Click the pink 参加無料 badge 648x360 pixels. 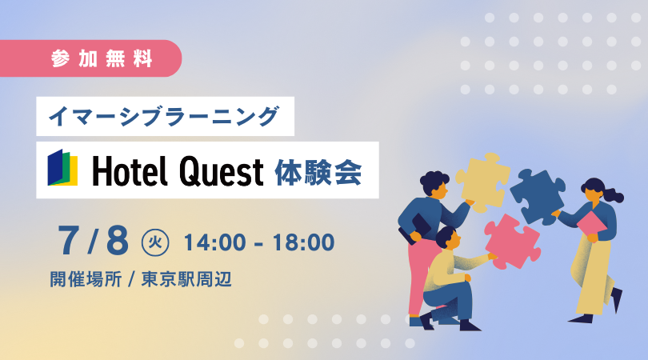pos(90,58)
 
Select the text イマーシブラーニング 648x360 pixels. pos(164,116)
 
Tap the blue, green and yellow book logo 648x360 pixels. pos(62,167)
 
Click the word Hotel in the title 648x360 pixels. pos(130,170)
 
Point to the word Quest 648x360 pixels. pos(221,171)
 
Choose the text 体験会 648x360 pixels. pos(318,171)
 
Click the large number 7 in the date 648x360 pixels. pos(69,241)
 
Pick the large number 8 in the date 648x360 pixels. pos(118,241)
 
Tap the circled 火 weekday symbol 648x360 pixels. pos(155,242)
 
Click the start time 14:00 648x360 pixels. pos(215,242)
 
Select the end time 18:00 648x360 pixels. pos(303,242)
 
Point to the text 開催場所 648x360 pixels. pos(86,279)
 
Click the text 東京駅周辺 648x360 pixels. pos(186,279)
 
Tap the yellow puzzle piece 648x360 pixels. pos(482,182)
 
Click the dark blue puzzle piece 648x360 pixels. pos(538,196)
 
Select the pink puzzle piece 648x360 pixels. pos(513,242)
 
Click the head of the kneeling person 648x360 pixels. pos(448,238)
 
